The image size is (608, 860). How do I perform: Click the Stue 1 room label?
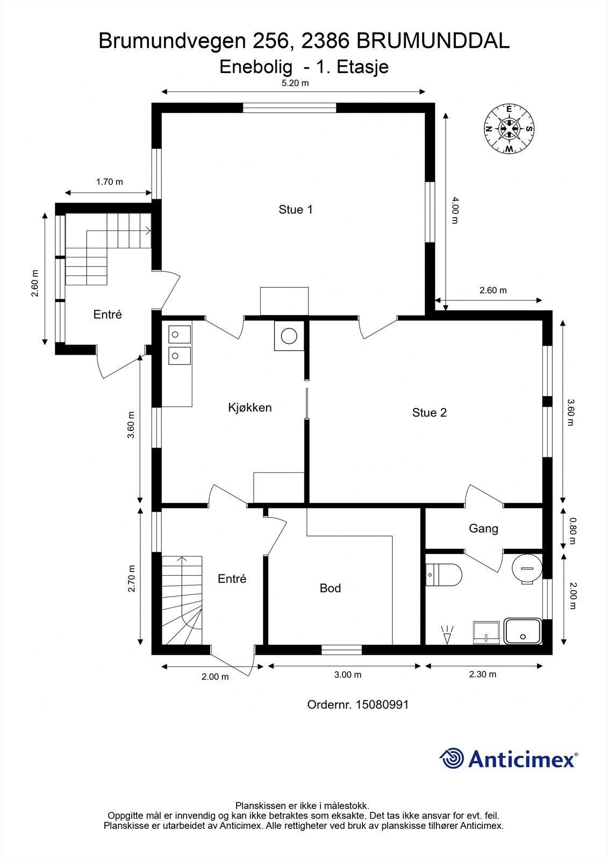(295, 210)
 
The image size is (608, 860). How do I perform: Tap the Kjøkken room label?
(249, 407)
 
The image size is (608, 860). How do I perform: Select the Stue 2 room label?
(430, 413)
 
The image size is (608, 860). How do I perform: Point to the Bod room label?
(330, 588)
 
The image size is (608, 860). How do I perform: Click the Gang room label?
(484, 529)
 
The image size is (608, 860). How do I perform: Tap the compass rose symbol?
(509, 128)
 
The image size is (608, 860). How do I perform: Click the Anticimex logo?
(509, 758)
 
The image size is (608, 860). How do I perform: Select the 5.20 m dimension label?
(295, 83)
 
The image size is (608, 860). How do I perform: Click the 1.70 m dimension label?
(110, 182)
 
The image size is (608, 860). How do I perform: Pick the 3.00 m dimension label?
(348, 675)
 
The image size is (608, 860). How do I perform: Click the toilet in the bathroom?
(444, 575)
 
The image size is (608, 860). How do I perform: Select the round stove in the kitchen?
(289, 336)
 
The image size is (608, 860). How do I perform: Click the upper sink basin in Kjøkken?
(180, 334)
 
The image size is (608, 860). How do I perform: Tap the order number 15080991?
(381, 705)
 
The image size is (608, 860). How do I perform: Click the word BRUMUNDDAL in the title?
(433, 41)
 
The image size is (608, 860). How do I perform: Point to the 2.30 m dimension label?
(482, 674)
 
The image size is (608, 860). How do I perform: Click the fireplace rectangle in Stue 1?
(284, 301)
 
